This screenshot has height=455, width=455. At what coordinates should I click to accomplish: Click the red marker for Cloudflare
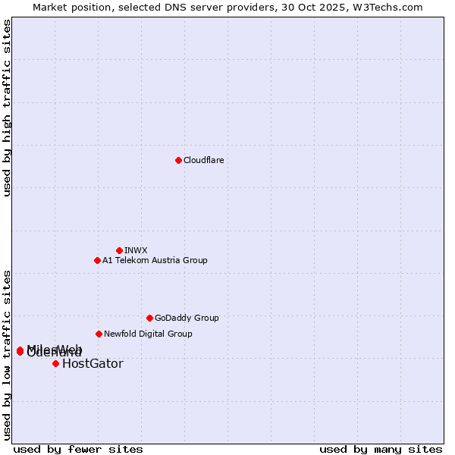tap(178, 160)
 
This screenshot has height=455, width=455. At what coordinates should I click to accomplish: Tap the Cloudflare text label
tap(203, 160)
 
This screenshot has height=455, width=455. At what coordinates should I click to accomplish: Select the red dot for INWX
tap(119, 250)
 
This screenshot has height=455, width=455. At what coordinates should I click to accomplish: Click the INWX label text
tap(136, 250)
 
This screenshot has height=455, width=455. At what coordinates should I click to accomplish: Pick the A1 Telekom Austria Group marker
tap(97, 260)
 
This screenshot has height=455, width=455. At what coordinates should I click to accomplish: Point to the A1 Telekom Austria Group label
tap(155, 260)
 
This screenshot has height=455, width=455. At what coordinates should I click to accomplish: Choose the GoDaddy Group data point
tap(149, 318)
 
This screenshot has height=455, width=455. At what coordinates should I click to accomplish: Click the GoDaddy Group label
tap(187, 318)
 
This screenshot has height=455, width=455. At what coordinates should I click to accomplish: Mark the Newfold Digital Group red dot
tap(99, 334)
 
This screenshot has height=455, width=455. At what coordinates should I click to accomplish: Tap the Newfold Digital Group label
tap(148, 334)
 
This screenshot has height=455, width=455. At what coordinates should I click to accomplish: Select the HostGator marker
tap(55, 363)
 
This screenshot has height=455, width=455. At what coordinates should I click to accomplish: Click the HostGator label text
tap(93, 364)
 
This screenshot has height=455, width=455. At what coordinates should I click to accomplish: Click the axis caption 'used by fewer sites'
tap(78, 450)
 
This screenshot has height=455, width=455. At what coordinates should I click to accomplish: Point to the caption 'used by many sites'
tap(381, 450)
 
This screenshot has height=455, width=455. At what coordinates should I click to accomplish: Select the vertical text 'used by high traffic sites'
tap(7, 108)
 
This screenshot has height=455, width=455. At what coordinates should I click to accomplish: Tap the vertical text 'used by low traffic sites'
tap(7, 354)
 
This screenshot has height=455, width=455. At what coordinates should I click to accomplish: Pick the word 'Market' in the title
tap(51, 7)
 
